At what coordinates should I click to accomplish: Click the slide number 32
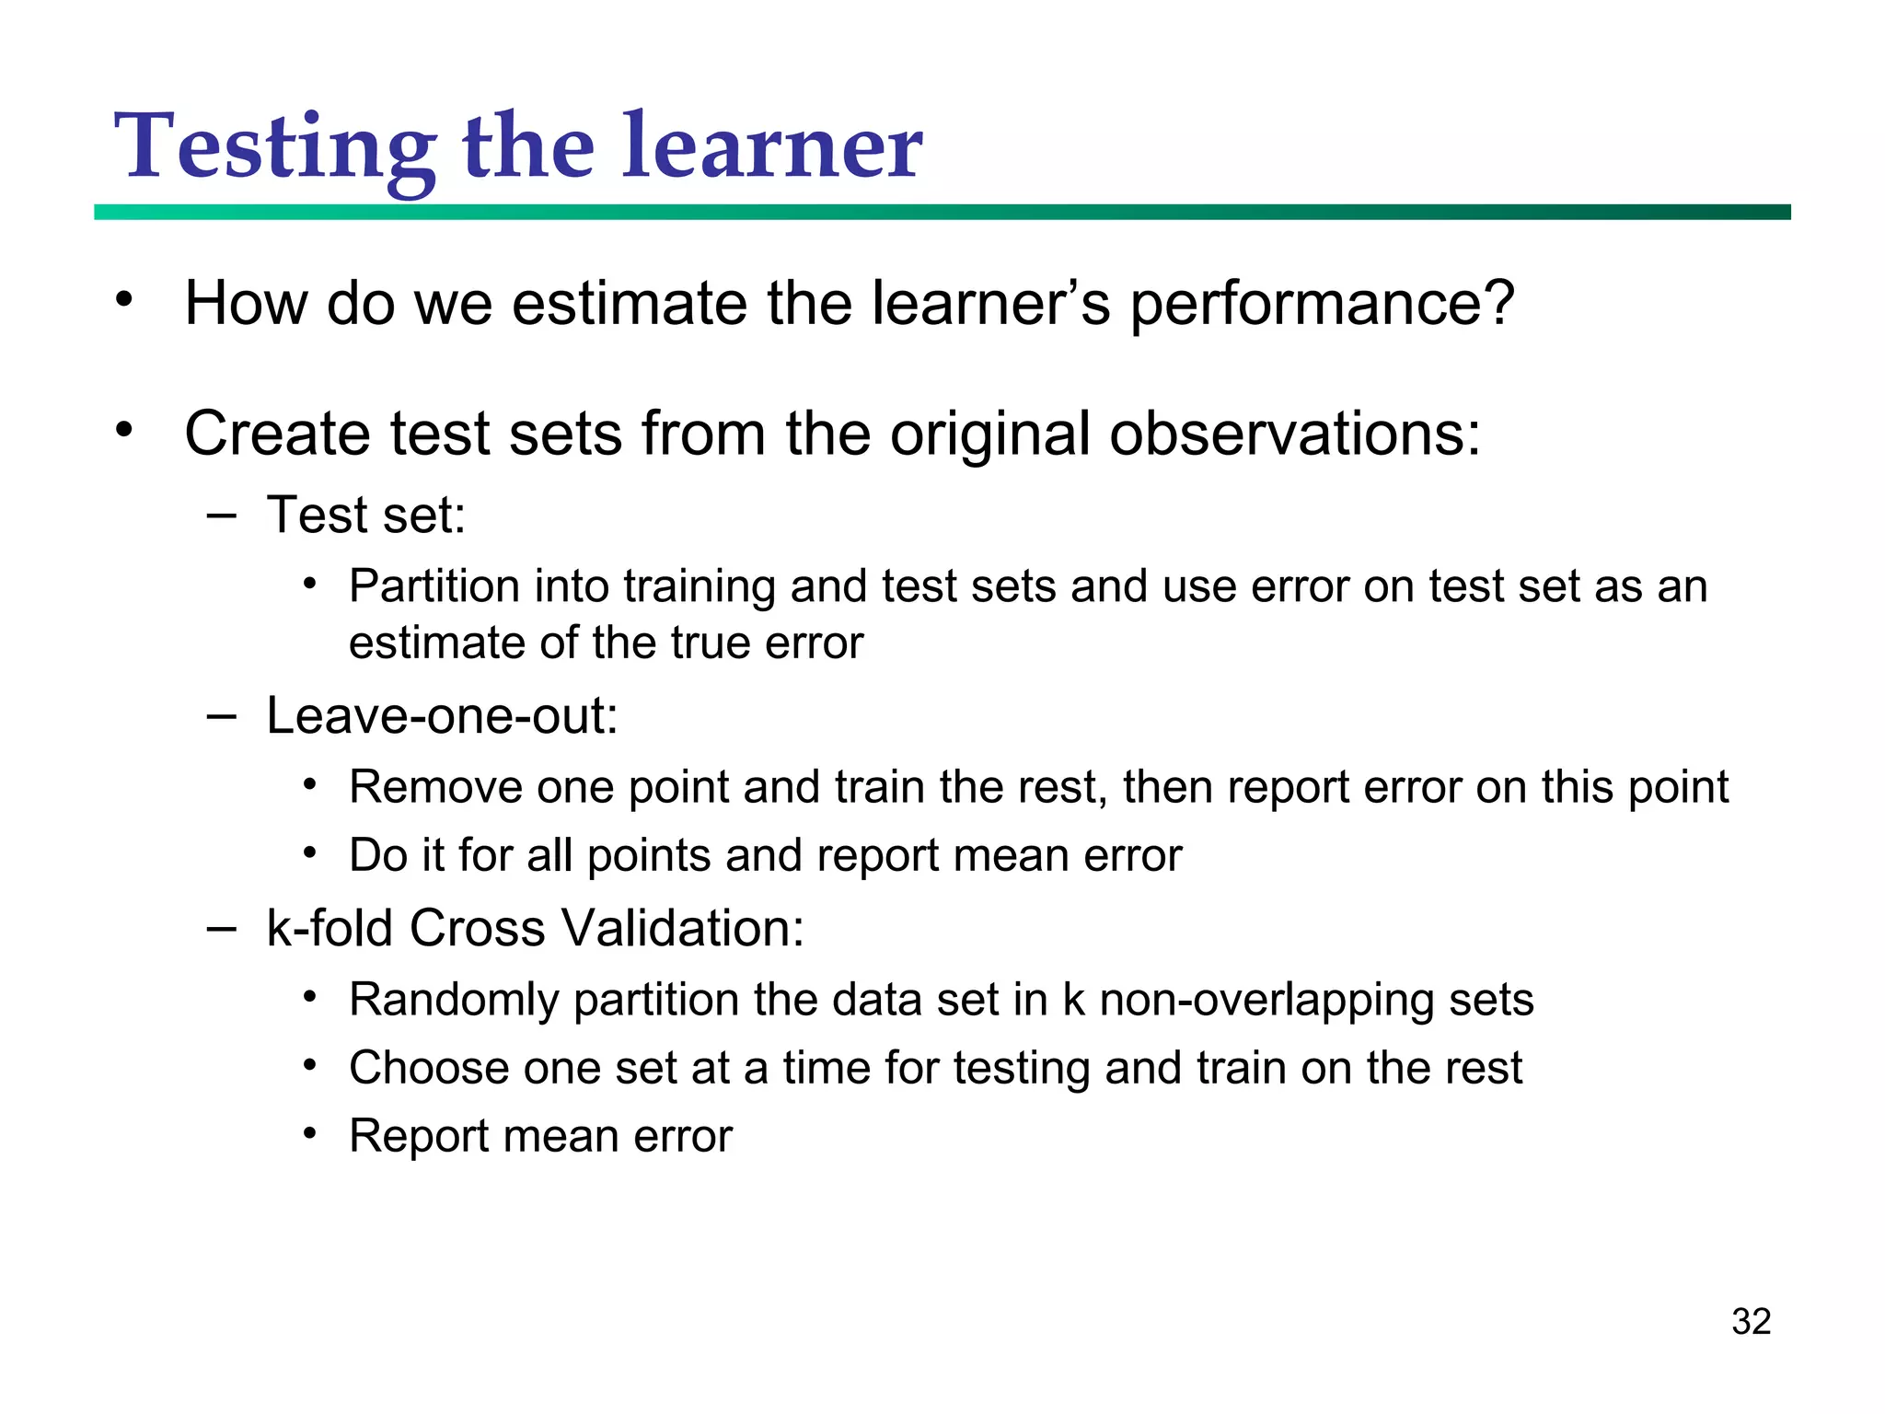pyautogui.click(x=1751, y=1321)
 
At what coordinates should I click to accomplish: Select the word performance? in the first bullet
pyautogui.click(x=1322, y=304)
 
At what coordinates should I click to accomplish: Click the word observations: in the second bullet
pyautogui.click(x=1295, y=434)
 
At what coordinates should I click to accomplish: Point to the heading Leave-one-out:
pyautogui.click(x=442, y=715)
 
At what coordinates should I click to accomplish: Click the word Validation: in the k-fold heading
pyautogui.click(x=683, y=927)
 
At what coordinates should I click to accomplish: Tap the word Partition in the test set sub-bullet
pyautogui.click(x=434, y=586)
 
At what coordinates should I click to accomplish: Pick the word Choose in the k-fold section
pyautogui.click(x=428, y=1068)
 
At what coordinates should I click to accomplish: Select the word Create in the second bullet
pyautogui.click(x=278, y=434)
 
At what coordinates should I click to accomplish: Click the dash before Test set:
pyautogui.click(x=221, y=515)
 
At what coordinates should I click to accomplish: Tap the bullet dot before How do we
pyautogui.click(x=124, y=300)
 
